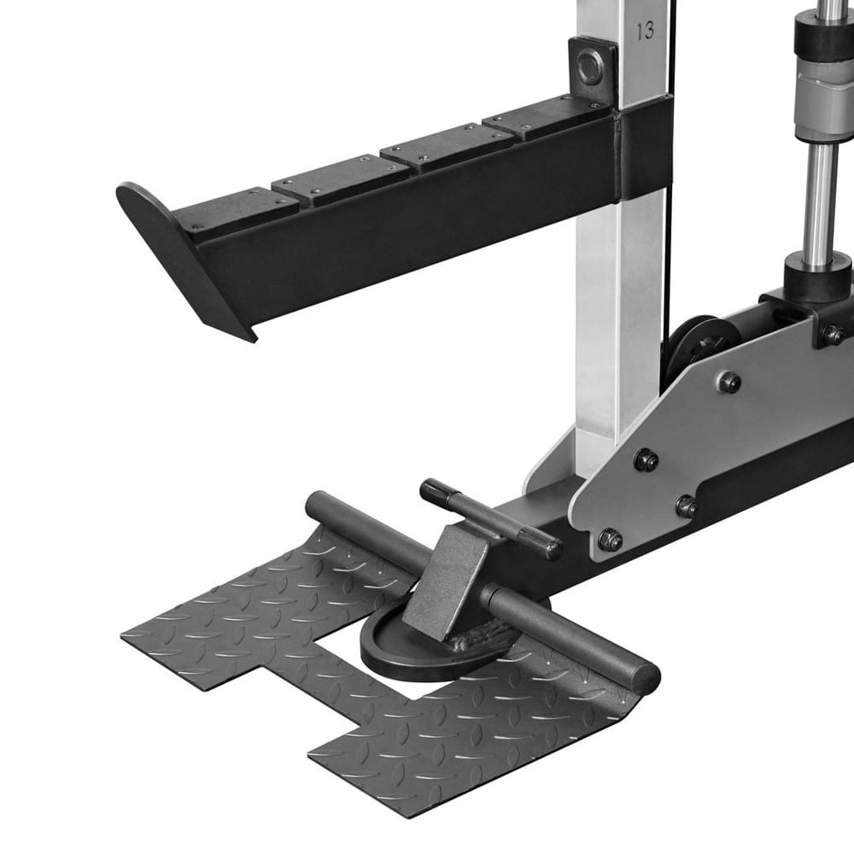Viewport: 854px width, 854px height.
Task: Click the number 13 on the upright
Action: [x=645, y=31]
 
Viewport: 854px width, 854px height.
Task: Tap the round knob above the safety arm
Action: [x=590, y=67]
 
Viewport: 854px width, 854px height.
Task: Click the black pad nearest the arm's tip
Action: [x=237, y=209]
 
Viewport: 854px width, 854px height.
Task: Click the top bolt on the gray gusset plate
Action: [x=728, y=382]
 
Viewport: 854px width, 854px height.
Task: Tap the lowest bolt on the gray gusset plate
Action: [x=610, y=540]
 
